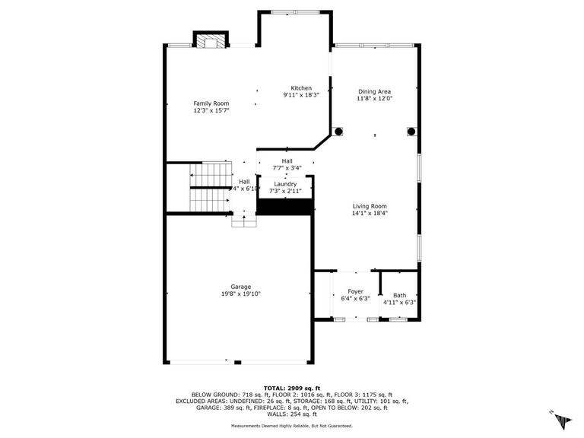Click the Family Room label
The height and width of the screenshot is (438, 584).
click(x=211, y=103)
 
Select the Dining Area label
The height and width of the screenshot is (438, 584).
click(x=374, y=91)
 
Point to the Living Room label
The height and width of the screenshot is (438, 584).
click(x=370, y=206)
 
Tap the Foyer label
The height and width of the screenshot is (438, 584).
click(x=355, y=291)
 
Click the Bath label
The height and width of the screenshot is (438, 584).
click(x=399, y=295)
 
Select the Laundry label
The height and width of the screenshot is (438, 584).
click(x=285, y=184)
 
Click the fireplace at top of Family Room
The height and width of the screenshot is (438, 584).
click(x=210, y=42)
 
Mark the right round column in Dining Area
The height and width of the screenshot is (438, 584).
click(x=411, y=132)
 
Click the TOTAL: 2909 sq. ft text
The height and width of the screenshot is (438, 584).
click(x=291, y=388)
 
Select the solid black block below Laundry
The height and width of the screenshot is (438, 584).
click(x=286, y=206)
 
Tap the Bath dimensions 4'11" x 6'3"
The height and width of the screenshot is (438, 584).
click(x=399, y=303)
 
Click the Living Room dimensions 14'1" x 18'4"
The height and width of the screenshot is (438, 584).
click(x=370, y=214)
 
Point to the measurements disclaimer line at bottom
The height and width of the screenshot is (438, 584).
click(x=291, y=427)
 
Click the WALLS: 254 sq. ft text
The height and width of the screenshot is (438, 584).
click(x=291, y=414)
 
